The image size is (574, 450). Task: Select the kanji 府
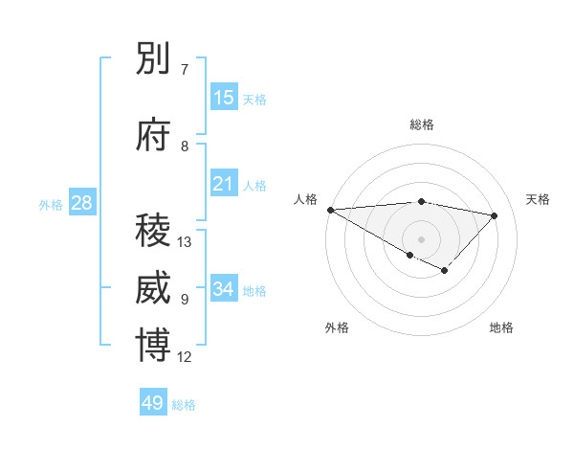coord(153,136)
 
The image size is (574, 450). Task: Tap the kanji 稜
coord(153,231)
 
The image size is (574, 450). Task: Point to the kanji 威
coord(153,288)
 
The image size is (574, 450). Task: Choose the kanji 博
coord(153,346)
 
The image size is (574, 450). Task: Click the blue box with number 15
coord(224,98)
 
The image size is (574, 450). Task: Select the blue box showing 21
coord(224,184)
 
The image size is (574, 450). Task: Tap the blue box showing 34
coord(224,289)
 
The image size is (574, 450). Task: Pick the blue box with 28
coord(81,203)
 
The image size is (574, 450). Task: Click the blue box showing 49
coord(153,403)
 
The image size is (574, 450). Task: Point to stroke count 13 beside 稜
coord(185,242)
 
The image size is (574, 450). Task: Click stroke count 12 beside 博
coord(185,357)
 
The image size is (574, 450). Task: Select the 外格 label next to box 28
coord(51,205)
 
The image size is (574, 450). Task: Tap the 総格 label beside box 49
coord(184,405)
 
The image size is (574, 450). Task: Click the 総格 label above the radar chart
coord(421,124)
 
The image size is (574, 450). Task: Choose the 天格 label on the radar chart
coord(539,199)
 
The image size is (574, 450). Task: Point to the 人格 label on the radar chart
coord(305,199)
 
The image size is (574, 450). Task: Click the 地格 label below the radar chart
coord(501,327)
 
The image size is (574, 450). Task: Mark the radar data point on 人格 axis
coord(330,210)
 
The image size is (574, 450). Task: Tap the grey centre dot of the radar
coord(421,238)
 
